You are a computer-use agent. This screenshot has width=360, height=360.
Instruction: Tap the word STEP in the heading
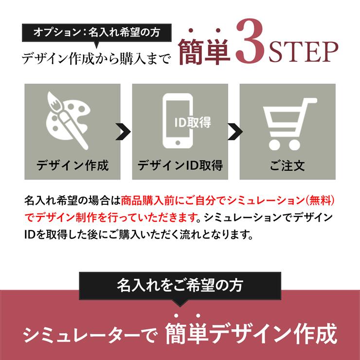(x=302, y=53)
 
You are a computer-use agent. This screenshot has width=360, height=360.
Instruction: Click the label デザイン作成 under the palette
(x=72, y=165)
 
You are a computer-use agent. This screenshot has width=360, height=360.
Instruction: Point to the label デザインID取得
(x=180, y=165)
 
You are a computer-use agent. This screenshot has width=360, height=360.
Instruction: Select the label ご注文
(x=288, y=165)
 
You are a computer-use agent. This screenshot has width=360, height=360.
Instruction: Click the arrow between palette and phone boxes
(x=124, y=131)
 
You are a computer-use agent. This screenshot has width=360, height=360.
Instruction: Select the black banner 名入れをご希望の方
(x=180, y=285)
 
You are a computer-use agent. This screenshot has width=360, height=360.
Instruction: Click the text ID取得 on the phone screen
(x=193, y=122)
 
